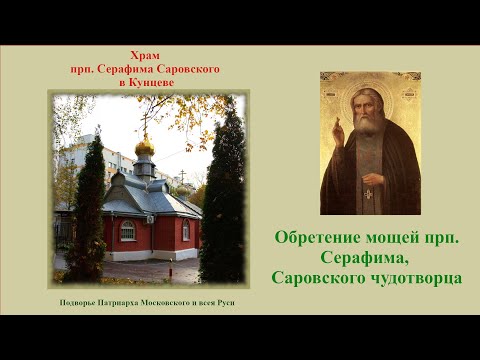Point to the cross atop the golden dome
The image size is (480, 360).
(145, 130)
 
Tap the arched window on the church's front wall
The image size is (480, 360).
(127, 232)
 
